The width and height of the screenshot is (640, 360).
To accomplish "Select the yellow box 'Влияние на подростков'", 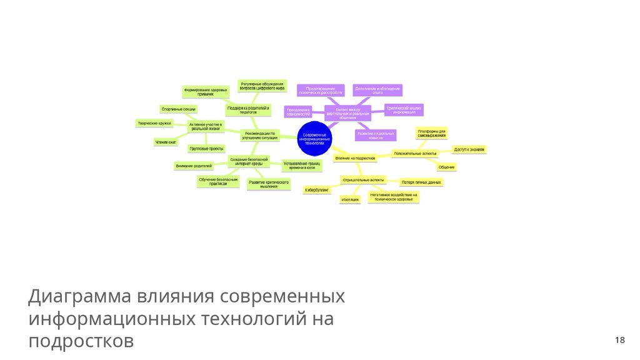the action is tap(355, 158).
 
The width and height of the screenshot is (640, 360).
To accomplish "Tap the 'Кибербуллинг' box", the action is tap(317, 189).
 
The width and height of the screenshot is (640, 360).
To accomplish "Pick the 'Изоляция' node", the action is tap(350, 199).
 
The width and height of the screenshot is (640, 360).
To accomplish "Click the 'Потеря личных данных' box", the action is tap(421, 182).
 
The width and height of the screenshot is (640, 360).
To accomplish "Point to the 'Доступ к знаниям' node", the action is tap(469, 150).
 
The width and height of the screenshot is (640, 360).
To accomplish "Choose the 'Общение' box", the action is tap(446, 167).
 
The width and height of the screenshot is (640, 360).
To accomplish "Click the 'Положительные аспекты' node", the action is tap(415, 153).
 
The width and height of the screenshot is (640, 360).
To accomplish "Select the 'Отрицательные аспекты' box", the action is tap(363, 180).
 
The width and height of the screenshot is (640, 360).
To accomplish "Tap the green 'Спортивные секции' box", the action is tap(179, 109).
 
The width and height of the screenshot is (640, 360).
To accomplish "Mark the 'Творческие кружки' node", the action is tap(154, 123).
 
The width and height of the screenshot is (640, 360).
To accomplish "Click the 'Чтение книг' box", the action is tap(166, 142).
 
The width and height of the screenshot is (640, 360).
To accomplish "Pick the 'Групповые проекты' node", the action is tap(206, 149).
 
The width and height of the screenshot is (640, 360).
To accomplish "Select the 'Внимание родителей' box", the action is tap(194, 166).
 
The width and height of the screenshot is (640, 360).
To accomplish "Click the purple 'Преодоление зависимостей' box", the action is tap(299, 112).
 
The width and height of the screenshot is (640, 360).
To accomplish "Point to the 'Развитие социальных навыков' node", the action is tap(376, 135).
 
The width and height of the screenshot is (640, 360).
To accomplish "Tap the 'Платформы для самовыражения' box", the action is tap(432, 134).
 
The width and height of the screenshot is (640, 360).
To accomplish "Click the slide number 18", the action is tap(619, 340).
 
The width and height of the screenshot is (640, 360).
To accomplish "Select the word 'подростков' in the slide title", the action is tap(81, 341).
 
